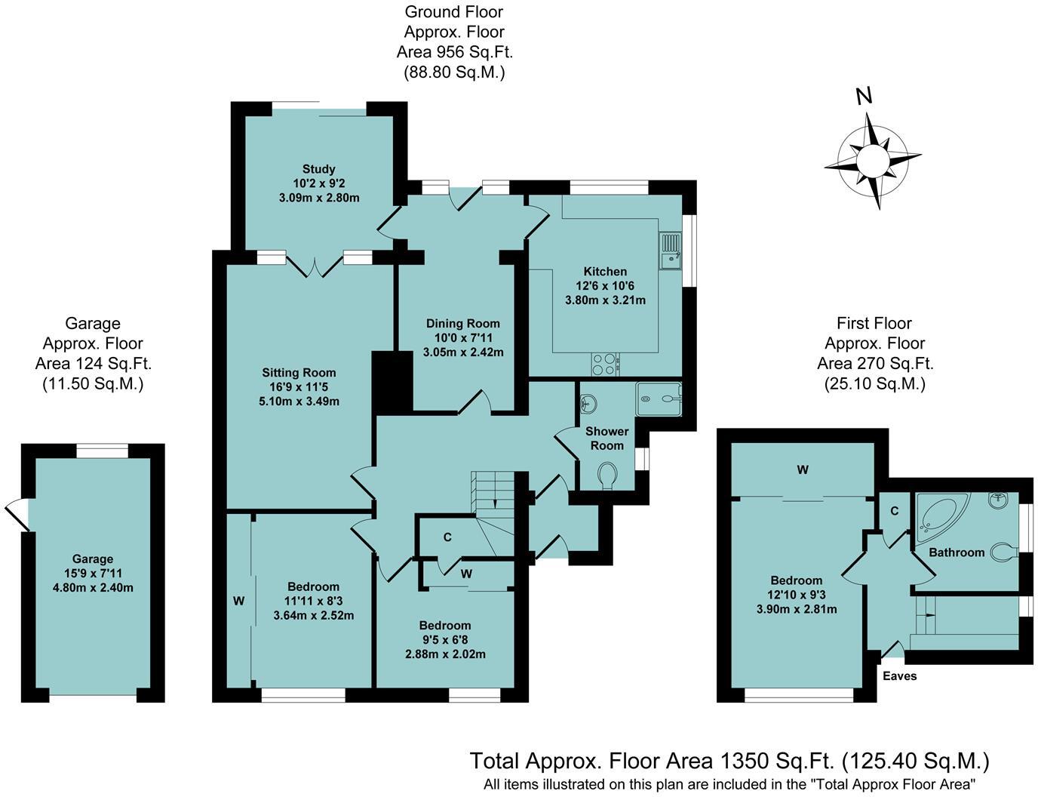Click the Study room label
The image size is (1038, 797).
(318, 169)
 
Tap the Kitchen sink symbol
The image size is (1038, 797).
(670, 251)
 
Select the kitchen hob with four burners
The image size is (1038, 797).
(605, 365)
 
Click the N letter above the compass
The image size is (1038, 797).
(864, 97)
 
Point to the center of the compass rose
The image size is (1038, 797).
(873, 160)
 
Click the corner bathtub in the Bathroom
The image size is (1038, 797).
(938, 514)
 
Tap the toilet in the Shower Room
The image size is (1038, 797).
(609, 475)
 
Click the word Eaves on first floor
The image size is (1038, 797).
(899, 675)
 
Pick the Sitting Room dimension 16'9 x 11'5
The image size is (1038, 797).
(299, 387)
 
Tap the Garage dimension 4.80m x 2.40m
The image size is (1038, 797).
(93, 587)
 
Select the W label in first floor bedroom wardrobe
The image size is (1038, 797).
(803, 470)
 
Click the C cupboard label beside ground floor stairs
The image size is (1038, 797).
(447, 537)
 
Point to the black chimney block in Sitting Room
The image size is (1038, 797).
(392, 382)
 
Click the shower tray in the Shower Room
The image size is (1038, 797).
(658, 398)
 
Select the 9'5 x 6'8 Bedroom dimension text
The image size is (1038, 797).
(445, 639)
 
